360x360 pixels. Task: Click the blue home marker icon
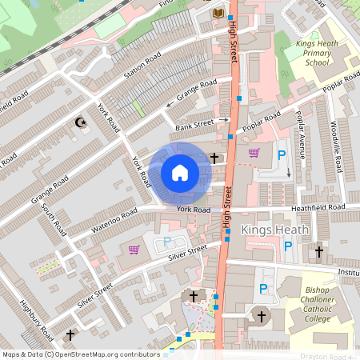coord(180,172)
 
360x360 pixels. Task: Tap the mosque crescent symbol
coord(79,122)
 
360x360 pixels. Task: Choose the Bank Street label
coord(194,122)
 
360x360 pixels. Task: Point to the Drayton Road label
coord(325,356)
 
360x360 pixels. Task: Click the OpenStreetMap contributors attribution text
coord(82,354)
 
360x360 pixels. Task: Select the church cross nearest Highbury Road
coord(70,334)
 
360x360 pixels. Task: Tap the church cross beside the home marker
coord(214,158)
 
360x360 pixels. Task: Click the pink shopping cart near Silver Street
coord(134,250)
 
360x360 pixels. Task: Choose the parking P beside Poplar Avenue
coord(281,156)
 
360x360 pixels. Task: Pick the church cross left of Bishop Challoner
coord(260,316)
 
